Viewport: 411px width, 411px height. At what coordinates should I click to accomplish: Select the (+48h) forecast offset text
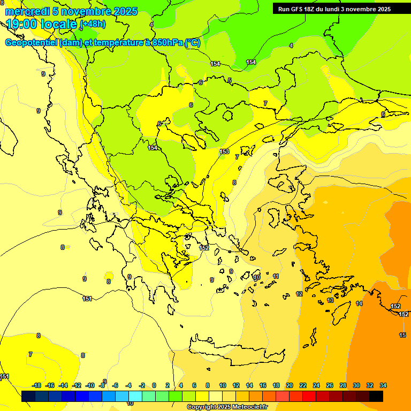[93, 24]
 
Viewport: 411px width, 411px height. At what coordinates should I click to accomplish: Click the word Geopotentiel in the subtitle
[31, 43]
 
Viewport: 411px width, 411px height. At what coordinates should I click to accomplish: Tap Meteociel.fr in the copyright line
[246, 407]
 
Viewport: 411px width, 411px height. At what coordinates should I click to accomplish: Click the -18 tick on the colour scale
[36, 385]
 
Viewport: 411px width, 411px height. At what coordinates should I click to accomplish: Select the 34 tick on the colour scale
[383, 385]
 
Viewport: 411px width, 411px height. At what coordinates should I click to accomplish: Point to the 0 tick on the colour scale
[154, 385]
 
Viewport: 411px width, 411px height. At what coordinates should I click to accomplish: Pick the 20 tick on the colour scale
[290, 385]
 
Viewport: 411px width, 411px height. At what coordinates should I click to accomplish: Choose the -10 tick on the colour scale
[90, 385]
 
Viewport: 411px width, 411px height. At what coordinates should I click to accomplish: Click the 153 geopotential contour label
[225, 152]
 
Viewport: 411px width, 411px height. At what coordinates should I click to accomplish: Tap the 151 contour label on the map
[87, 299]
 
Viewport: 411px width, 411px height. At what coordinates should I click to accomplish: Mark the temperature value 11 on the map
[276, 276]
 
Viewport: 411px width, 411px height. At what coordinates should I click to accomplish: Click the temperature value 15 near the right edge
[402, 335]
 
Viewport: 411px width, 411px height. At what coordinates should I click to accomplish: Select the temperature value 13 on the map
[330, 300]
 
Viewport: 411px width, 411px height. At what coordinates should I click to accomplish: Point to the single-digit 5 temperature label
[230, 80]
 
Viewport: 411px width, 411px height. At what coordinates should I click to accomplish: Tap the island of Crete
[235, 353]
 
